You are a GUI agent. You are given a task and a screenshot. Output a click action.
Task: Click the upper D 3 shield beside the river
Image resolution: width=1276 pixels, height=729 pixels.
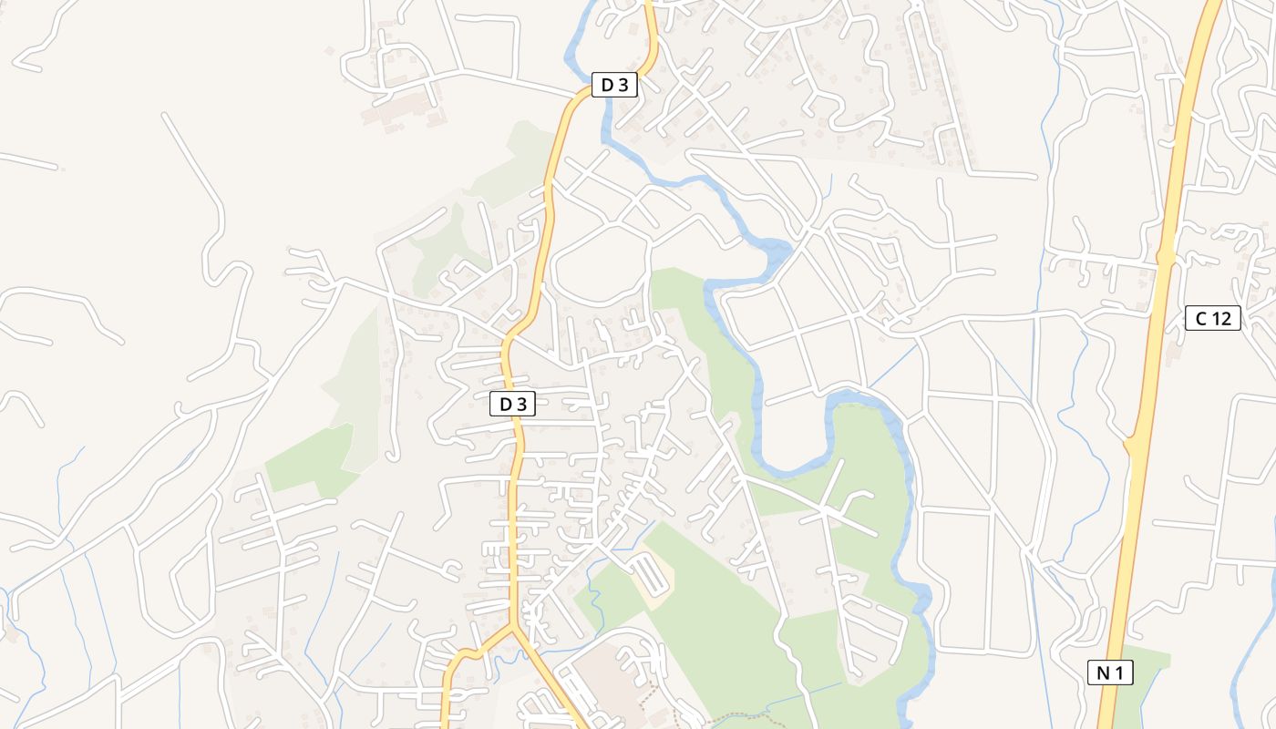tap(613, 86)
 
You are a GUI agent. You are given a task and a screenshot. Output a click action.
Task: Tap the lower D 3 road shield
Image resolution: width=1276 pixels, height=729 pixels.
tap(511, 404)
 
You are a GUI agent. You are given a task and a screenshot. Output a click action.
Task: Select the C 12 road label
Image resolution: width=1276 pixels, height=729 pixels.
tap(1213, 318)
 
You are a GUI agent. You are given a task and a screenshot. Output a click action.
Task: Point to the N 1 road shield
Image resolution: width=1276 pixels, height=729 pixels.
tap(1110, 673)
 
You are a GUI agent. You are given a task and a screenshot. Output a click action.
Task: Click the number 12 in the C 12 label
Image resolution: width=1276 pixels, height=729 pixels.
tap(1220, 318)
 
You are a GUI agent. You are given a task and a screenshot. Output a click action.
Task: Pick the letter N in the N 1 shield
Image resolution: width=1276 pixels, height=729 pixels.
tap(1103, 673)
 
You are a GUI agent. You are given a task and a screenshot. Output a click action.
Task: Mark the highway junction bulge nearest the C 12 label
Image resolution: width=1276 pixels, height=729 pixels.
tap(1165, 256)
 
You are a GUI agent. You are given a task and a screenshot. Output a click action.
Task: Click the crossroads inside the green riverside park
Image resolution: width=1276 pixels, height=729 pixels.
tap(827, 515)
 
